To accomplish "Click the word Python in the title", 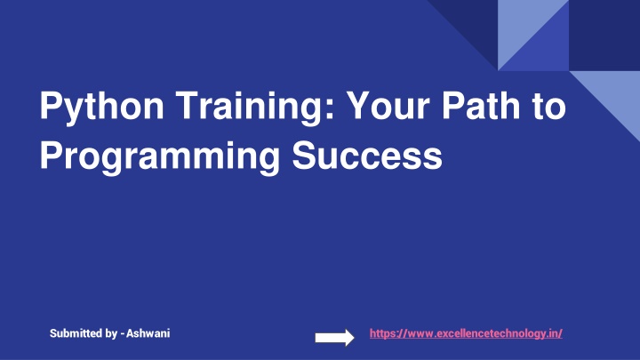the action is coord(101,107).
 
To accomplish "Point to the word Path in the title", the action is coord(481,105).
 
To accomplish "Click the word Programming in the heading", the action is coord(160,157).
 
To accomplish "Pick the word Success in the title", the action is coord(367,156).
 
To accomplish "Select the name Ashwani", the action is coord(148,333).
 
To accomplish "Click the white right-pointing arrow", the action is coord(335,338).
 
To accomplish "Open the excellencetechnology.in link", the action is coord(466,333).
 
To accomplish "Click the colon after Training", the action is coord(331,109).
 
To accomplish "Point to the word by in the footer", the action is coord(111,334).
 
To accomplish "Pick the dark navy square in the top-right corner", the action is coord(604,35).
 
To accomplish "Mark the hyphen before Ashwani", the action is coord(123,335).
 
